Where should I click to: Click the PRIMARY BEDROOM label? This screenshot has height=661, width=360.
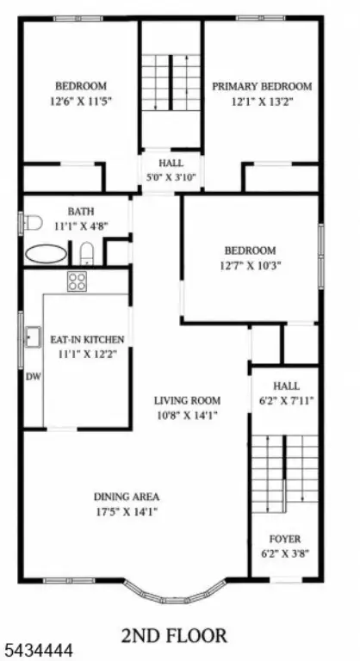point(262,86)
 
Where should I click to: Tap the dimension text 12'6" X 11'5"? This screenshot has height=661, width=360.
point(81,102)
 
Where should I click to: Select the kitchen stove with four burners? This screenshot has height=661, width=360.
point(77,281)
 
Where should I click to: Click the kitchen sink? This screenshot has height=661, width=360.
point(33,337)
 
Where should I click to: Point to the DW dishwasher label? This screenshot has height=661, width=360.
point(34,377)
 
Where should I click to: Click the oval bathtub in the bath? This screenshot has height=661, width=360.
point(46,254)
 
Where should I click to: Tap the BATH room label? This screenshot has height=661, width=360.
point(81,211)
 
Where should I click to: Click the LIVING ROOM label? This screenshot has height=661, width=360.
point(187,400)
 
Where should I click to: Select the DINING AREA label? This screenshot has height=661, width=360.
point(127,497)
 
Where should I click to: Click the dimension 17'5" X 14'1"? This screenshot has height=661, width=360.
point(127,512)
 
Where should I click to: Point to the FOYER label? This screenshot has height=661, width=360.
point(285,539)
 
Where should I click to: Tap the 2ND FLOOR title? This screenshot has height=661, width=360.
point(174,635)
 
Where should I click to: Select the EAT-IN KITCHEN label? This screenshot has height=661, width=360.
point(87,339)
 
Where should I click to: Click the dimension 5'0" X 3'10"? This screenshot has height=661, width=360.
point(171,177)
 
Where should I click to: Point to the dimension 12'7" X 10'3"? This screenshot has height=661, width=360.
point(251,266)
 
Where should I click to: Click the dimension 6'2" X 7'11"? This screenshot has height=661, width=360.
point(286,400)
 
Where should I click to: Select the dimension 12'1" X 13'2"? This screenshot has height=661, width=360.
point(262,102)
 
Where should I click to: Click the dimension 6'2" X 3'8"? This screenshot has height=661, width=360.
point(286,553)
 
